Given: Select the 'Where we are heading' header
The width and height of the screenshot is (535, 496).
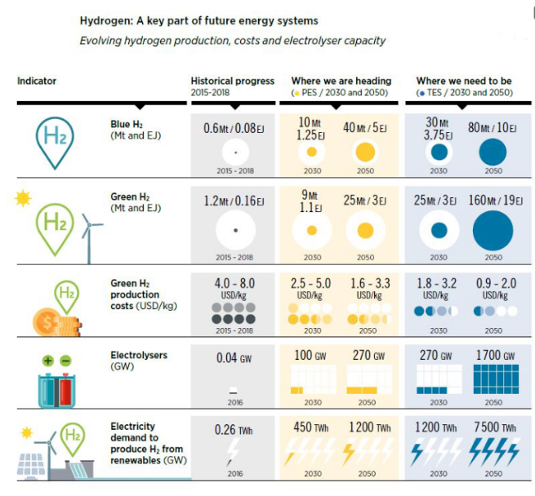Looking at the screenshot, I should [x=341, y=81].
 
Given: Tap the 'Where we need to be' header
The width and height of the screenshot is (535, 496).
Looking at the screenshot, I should [x=464, y=81].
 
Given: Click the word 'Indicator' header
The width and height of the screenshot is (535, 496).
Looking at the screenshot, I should [x=37, y=81].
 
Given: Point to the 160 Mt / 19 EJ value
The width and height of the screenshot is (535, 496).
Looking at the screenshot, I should [x=493, y=200].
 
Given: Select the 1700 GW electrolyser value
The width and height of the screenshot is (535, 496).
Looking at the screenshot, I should [x=493, y=356].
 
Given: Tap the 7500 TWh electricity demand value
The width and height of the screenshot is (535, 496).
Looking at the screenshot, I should [x=493, y=428].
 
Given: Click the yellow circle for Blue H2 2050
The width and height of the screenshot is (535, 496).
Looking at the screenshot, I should [x=365, y=153].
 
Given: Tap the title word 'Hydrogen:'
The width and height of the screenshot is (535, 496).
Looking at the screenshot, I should [x=105, y=20].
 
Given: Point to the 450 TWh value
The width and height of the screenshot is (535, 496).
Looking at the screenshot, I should [x=311, y=428].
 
